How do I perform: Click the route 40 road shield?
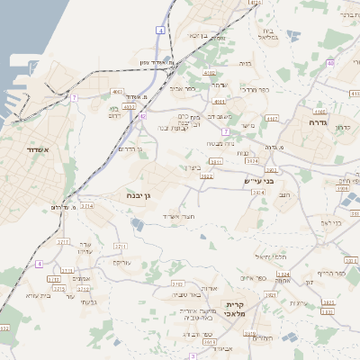click(x=331, y=63)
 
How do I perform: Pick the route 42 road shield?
click(x=142, y=116)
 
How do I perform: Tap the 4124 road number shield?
click(x=256, y=4)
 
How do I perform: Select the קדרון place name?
click(x=342, y=127)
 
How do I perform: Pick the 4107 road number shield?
click(x=273, y=118)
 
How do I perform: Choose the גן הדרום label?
click(x=131, y=148)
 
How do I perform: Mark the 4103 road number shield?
click(x=117, y=92)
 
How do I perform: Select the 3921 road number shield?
click(x=214, y=162)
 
